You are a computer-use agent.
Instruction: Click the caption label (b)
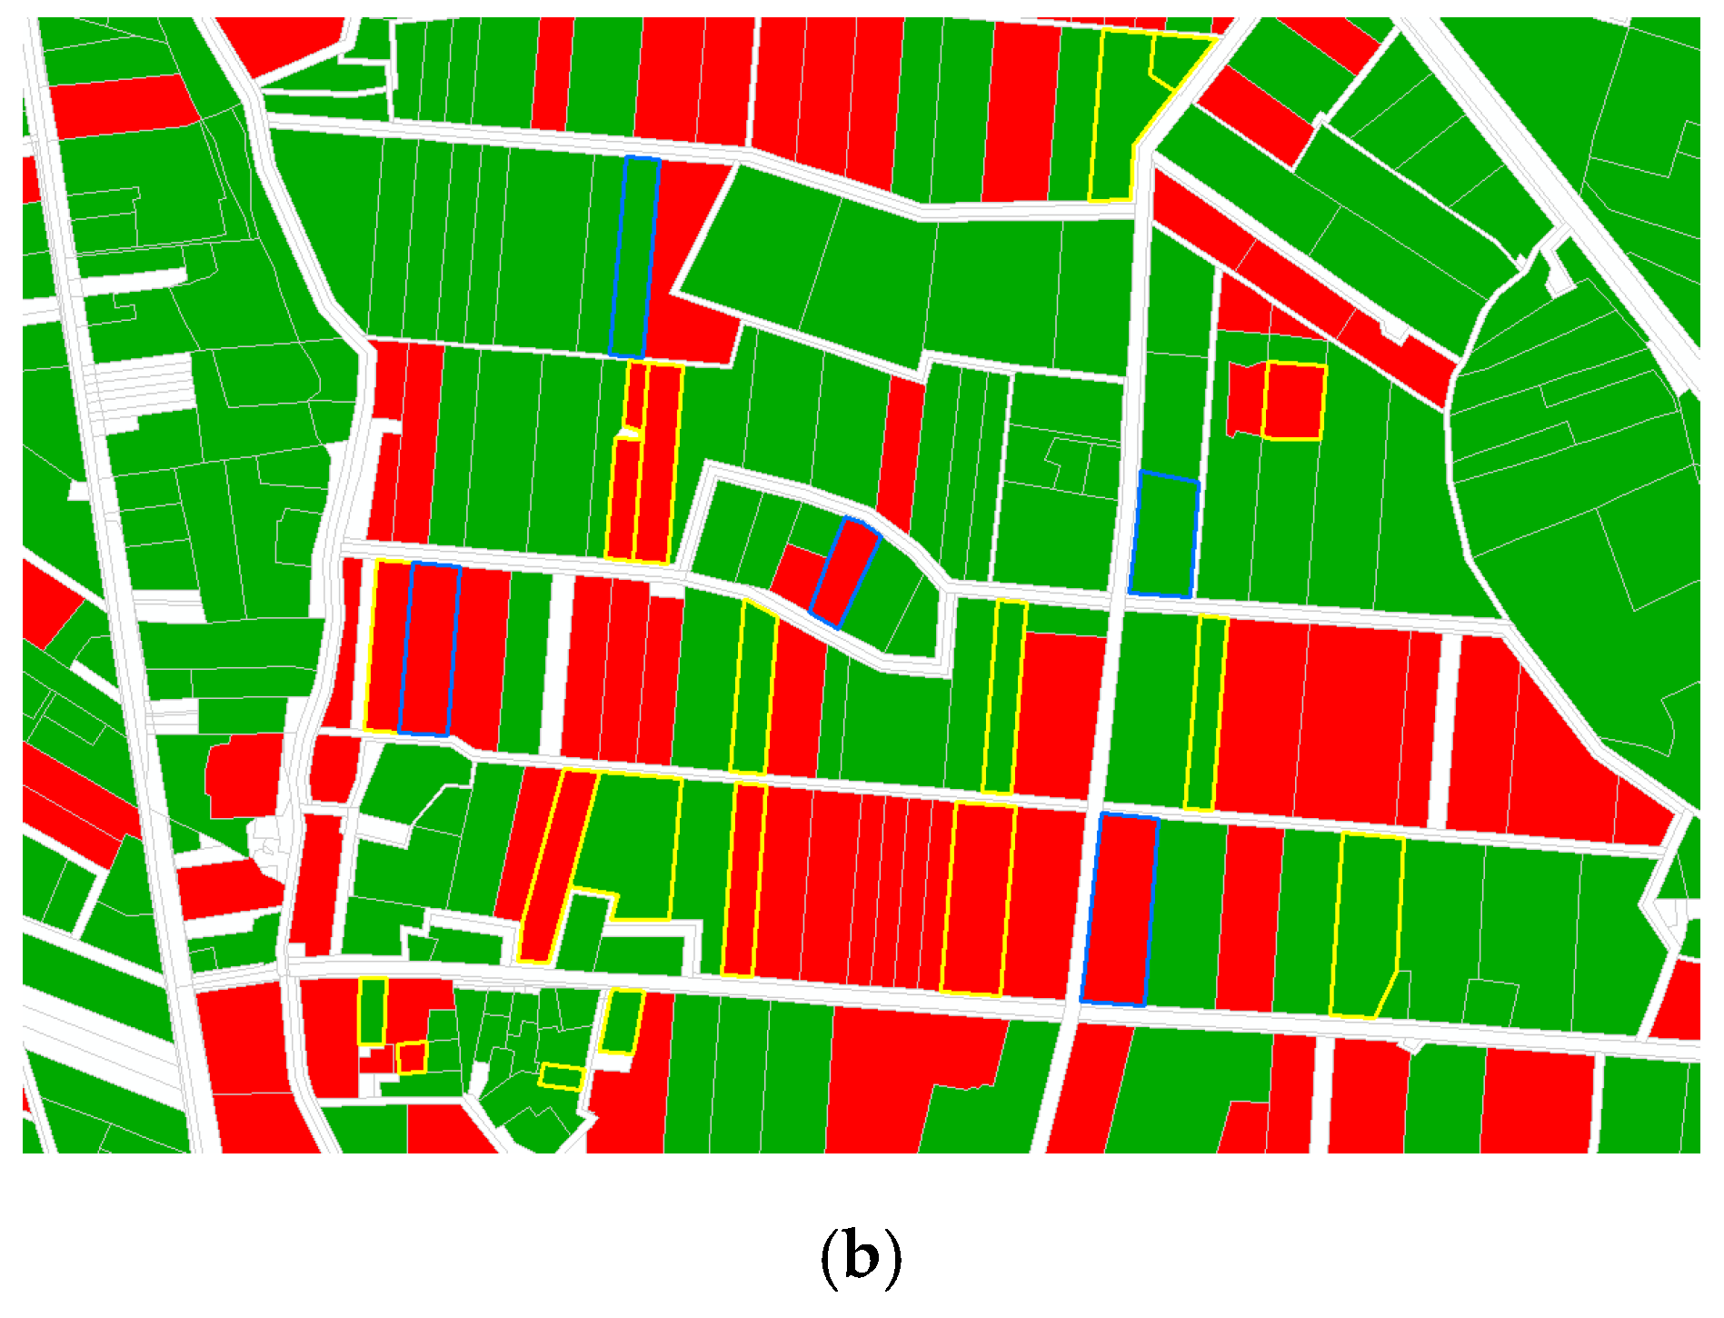[x=861, y=1258]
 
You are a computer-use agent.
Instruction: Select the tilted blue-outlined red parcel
[x=844, y=573]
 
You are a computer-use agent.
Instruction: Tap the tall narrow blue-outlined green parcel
[x=633, y=257]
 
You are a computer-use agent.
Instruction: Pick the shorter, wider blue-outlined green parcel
[x=1164, y=534]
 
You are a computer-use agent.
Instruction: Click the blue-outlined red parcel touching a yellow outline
[x=430, y=649]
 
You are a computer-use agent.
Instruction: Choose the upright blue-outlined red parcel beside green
[x=1119, y=910]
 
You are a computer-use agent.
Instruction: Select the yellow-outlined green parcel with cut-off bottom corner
[x=1366, y=923]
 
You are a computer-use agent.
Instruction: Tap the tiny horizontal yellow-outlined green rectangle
[x=561, y=1077]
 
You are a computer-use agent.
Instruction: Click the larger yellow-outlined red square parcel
[x=1294, y=401]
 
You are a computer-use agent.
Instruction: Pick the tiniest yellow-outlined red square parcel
[x=412, y=1057]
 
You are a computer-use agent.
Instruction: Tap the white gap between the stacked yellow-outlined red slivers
[x=634, y=434]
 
